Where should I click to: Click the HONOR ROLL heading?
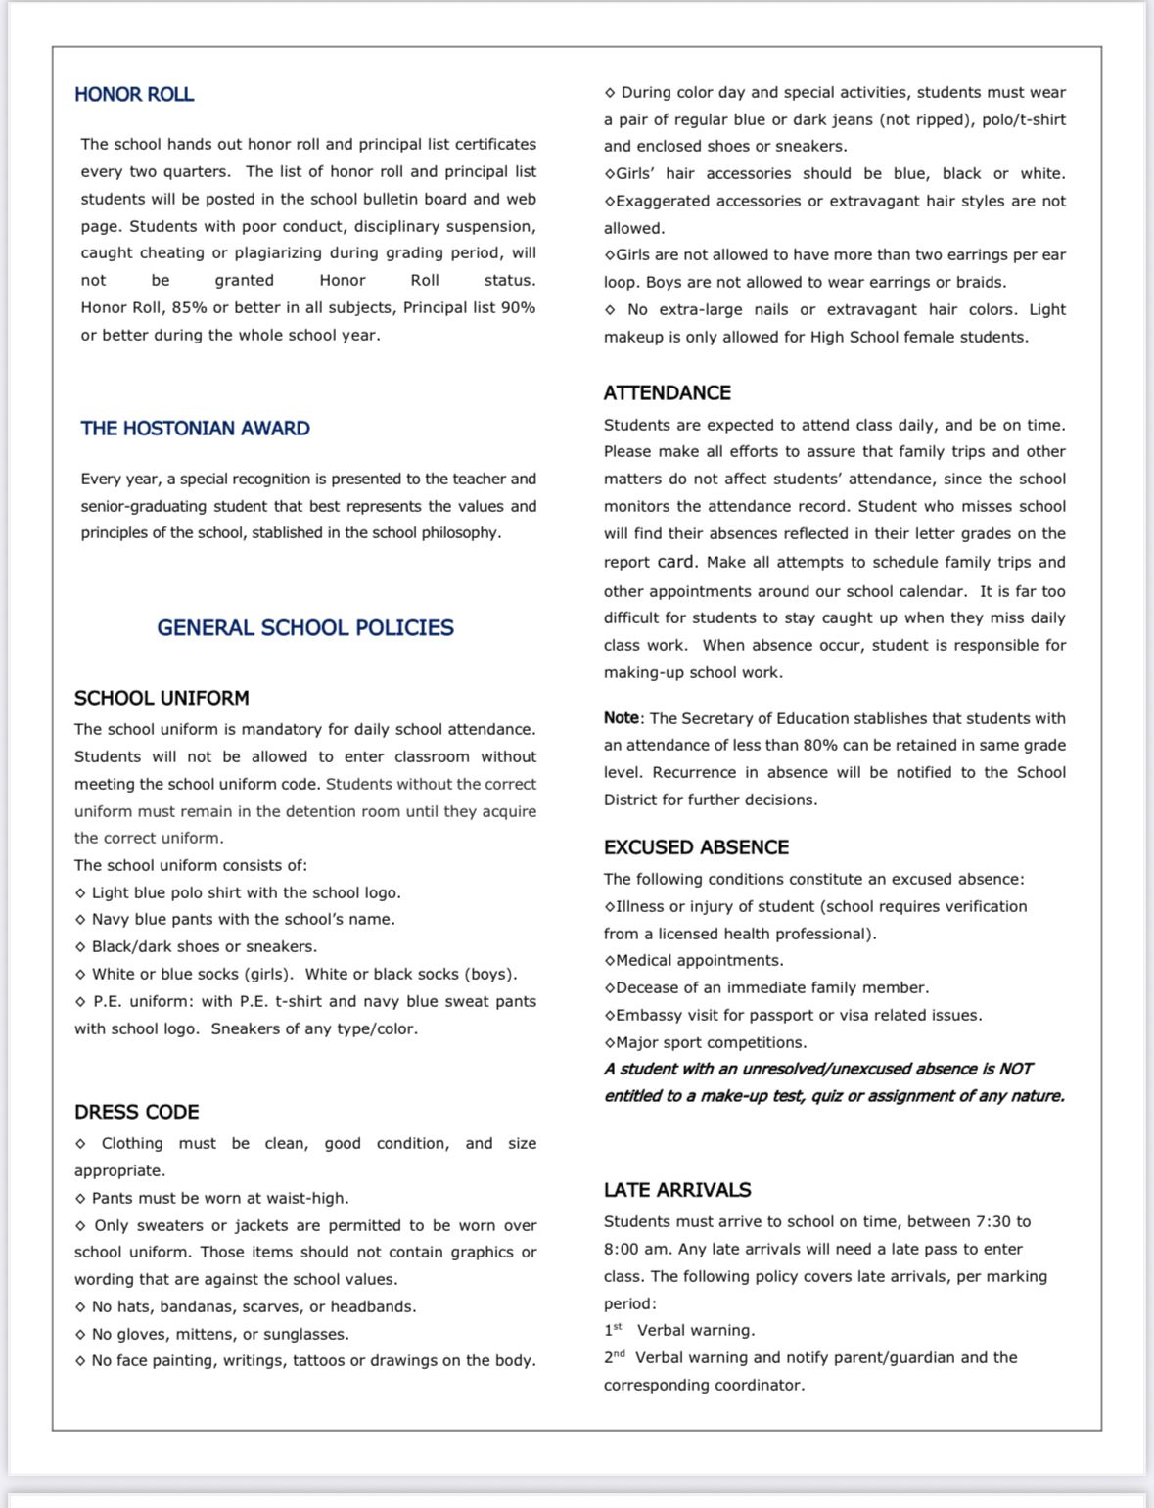[x=134, y=95]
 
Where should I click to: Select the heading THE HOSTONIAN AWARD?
[x=195, y=429]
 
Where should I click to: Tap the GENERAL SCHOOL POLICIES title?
[x=305, y=628]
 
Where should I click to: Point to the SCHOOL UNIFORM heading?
[x=162, y=699]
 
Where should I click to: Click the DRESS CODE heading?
[x=137, y=1113]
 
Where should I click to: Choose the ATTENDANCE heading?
[x=667, y=393]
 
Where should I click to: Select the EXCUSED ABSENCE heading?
[x=696, y=847]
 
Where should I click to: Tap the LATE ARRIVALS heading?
[x=677, y=1191]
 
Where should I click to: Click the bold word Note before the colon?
[x=621, y=718]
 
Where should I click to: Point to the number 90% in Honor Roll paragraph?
[x=517, y=308]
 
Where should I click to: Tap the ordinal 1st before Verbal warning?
[x=614, y=1330]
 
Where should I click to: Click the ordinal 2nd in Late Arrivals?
[x=615, y=1357]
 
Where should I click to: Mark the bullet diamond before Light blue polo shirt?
[x=80, y=893]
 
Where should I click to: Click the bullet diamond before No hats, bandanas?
[x=80, y=1307]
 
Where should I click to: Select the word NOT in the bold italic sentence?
[x=1016, y=1070]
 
